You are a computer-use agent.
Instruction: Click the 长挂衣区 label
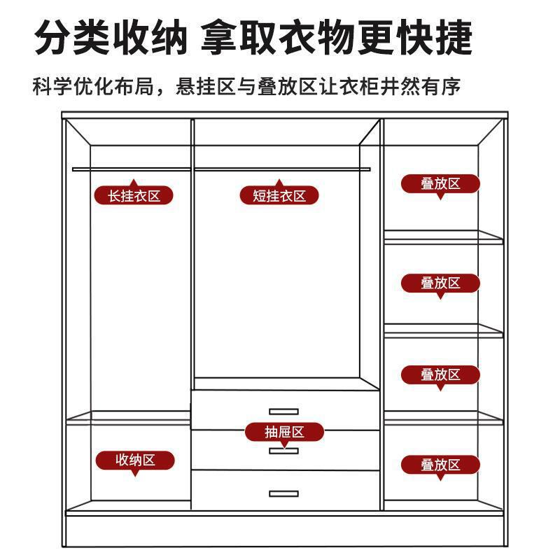pos(134,195)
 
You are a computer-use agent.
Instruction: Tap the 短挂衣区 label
pos(279,195)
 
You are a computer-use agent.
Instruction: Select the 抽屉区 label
pos(284,432)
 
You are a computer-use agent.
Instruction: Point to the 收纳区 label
pos(135,460)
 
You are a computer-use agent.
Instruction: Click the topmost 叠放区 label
pos(440,184)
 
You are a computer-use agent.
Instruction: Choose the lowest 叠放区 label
pos(440,464)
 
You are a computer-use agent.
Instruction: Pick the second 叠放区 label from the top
pos(440,283)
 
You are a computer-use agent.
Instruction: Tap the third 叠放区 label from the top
pos(440,374)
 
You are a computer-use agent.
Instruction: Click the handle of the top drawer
pos(283,411)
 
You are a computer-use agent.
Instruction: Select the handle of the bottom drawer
pos(283,493)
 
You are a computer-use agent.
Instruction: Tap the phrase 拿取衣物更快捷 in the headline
pos(336,38)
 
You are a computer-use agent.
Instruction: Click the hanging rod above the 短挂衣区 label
pos(280,169)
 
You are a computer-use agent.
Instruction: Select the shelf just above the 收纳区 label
pos(129,419)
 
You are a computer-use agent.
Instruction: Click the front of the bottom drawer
pos(231,490)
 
